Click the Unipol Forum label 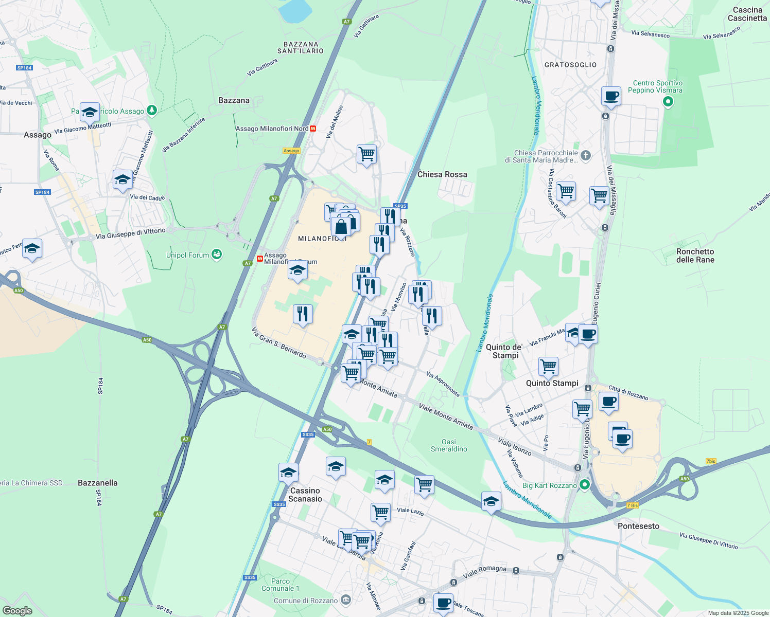pos(187,255)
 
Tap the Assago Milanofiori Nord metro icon pos(313,129)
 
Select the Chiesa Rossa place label pos(442,174)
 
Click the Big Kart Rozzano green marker pos(584,485)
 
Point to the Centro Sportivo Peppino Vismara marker pos(668,101)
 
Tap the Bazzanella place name pos(98,483)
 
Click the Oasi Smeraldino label pos(449,445)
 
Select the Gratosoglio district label pos(570,65)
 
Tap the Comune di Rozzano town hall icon pos(346,600)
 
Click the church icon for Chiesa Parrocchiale pos(585,155)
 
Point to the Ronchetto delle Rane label pos(695,256)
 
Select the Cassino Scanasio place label pos(305,495)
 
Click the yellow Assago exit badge pos(291,151)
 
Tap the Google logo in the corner pos(17,610)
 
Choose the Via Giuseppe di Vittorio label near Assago pos(131,234)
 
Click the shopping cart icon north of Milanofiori pos(366,153)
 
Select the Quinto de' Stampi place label pos(504,351)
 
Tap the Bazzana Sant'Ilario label pos(301,47)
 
